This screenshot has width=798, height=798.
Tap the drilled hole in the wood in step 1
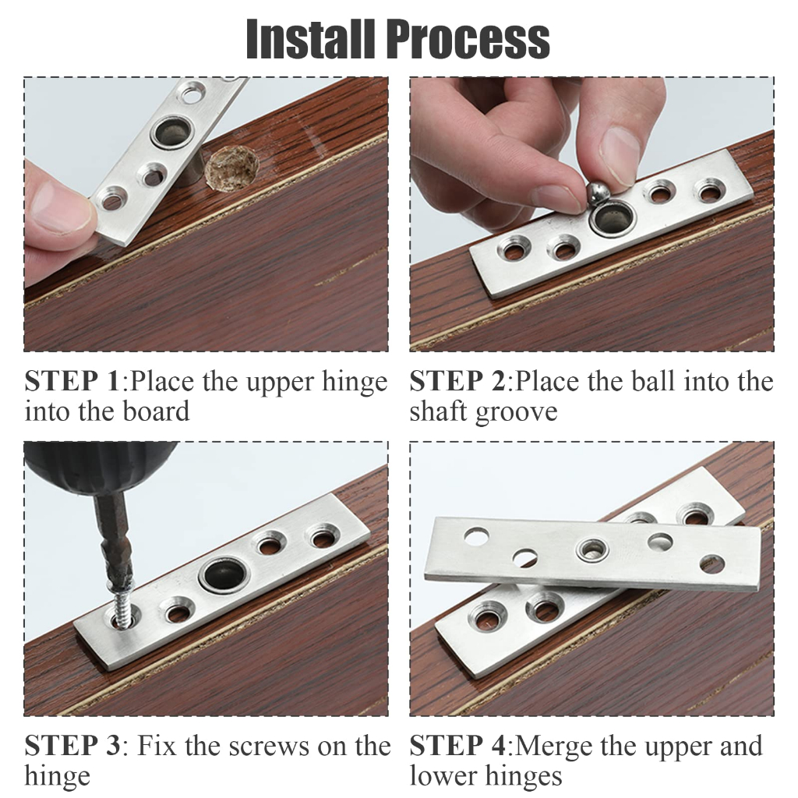tap(232, 168)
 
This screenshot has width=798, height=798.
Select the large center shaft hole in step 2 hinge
tap(613, 220)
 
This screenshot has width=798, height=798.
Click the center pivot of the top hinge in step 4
tap(592, 550)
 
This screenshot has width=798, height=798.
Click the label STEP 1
tap(72, 381)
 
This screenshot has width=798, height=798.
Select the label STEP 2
tap(457, 381)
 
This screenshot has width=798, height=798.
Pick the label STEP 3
tap(72, 746)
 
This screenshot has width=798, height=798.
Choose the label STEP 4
tap(457, 746)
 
